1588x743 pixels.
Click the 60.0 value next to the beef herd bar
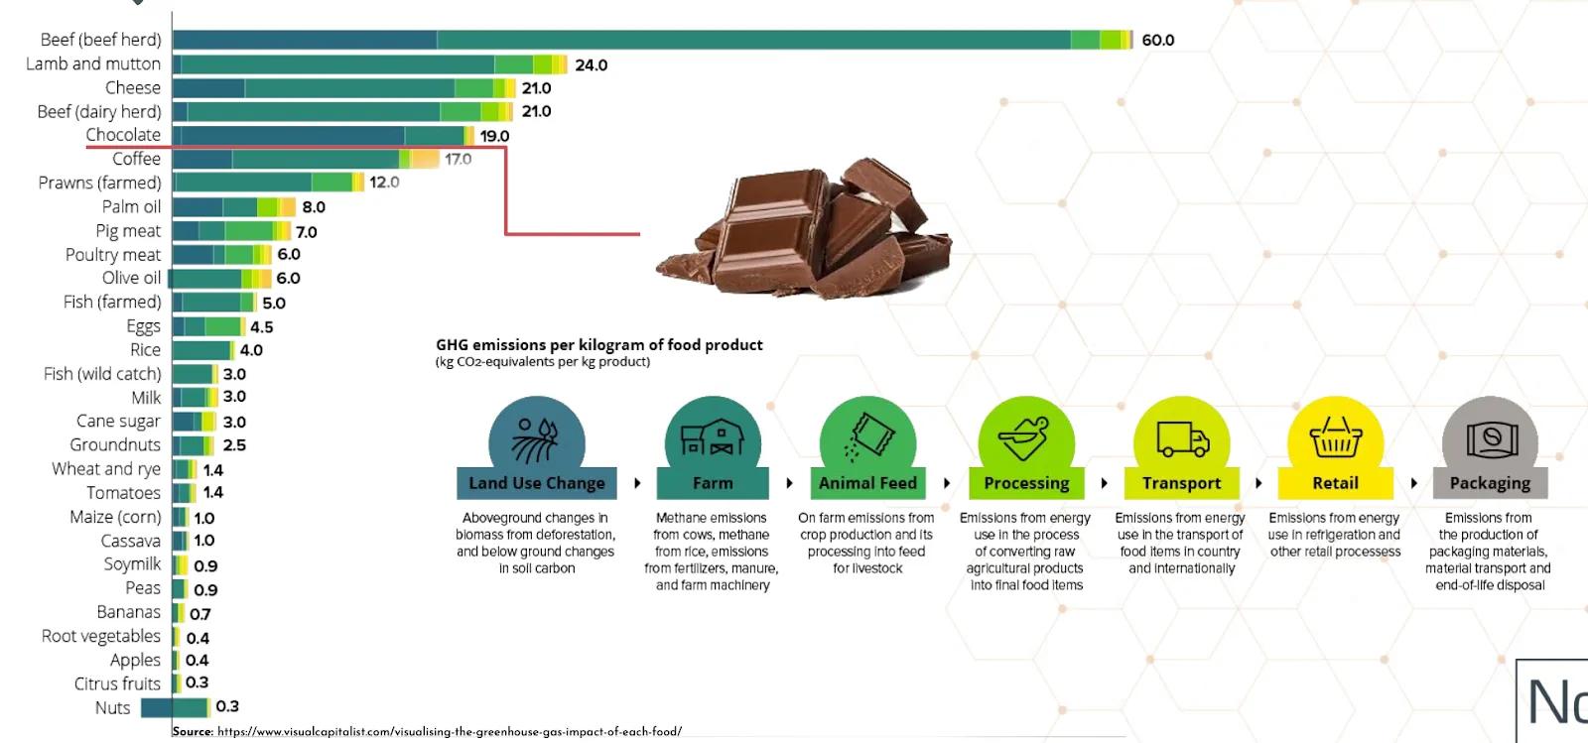click(1157, 41)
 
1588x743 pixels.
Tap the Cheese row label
click(133, 87)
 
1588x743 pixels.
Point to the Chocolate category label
click(123, 135)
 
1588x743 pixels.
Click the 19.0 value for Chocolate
click(494, 136)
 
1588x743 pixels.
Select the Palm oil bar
click(234, 207)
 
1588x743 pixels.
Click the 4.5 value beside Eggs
click(261, 326)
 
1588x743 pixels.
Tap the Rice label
click(145, 350)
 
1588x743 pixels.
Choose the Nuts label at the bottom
click(112, 707)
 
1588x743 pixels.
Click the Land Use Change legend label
click(537, 483)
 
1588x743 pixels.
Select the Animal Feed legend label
click(867, 483)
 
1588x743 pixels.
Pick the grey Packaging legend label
click(1490, 483)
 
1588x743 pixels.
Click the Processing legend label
click(1026, 483)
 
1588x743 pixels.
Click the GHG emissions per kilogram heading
click(599, 345)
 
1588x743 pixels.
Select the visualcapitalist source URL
click(449, 732)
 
